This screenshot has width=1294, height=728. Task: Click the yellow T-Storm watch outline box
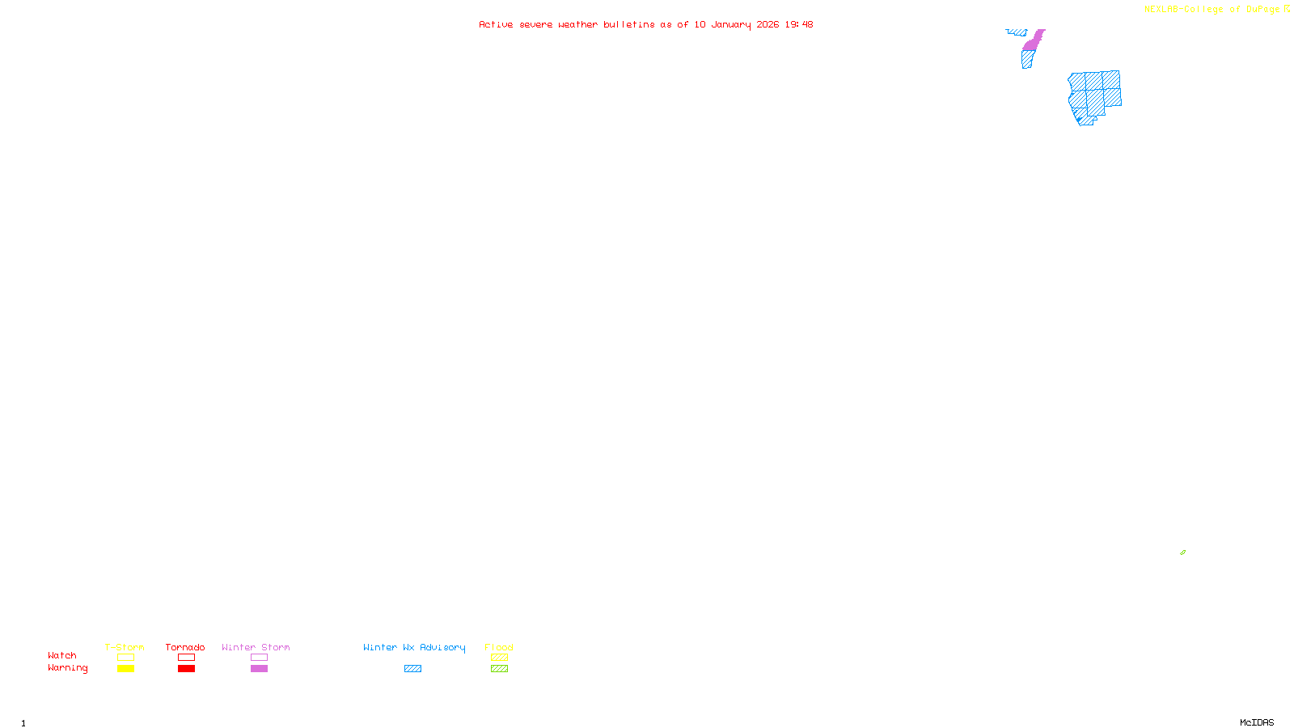(125, 658)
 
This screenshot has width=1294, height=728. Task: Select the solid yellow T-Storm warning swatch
(125, 669)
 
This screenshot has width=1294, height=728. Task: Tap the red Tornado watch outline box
(186, 658)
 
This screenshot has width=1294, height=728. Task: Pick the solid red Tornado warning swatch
(186, 669)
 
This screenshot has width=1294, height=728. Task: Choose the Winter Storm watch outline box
(259, 658)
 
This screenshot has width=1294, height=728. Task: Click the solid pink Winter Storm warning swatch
(259, 669)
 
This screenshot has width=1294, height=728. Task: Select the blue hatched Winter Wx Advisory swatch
(412, 669)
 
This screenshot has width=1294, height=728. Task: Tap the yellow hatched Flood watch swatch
(499, 658)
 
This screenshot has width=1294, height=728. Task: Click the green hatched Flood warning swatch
(499, 669)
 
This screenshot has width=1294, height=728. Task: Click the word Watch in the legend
(62, 656)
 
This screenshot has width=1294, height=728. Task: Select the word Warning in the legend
(67, 668)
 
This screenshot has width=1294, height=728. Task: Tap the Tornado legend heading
(185, 647)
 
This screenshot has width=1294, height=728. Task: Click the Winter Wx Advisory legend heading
(414, 647)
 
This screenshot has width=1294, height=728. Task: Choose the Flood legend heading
(499, 647)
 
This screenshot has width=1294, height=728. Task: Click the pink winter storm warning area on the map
(1034, 41)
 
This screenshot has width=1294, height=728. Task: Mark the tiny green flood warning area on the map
(1182, 552)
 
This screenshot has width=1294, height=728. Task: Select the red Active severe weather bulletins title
(645, 24)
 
